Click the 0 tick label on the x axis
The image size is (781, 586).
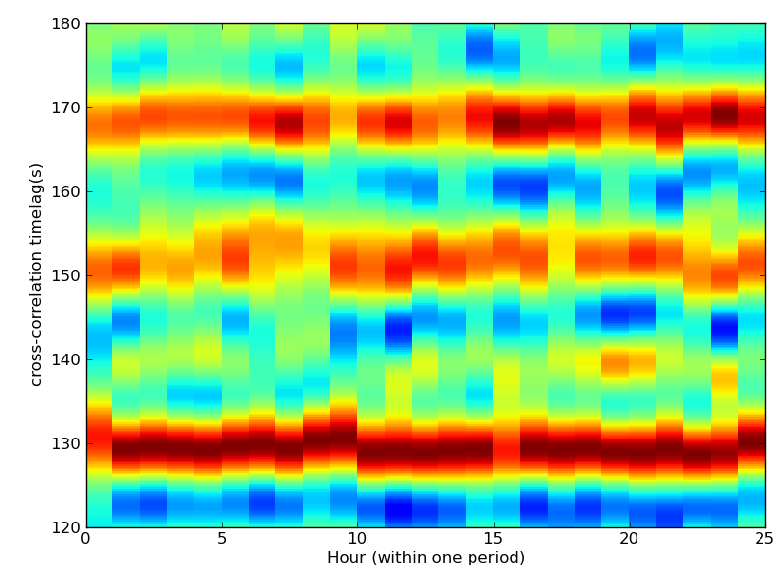coord(86,538)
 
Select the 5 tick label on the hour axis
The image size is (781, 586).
coord(222,538)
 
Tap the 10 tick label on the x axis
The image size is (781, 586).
coord(357,538)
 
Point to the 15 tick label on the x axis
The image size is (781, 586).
coord(493,538)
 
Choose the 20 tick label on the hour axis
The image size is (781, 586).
coord(630,538)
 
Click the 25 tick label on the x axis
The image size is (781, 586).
coord(765,538)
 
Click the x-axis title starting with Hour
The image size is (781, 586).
coord(426,558)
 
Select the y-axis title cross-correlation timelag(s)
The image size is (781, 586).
coord(37,274)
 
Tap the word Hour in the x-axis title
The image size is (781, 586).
coord(345,557)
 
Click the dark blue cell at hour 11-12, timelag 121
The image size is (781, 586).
coord(398,511)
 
